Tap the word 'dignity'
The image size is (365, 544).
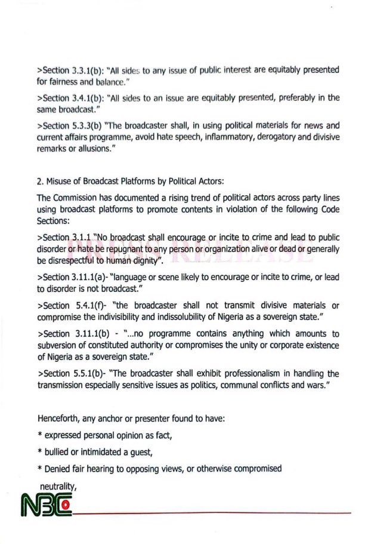click(x=146, y=261)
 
